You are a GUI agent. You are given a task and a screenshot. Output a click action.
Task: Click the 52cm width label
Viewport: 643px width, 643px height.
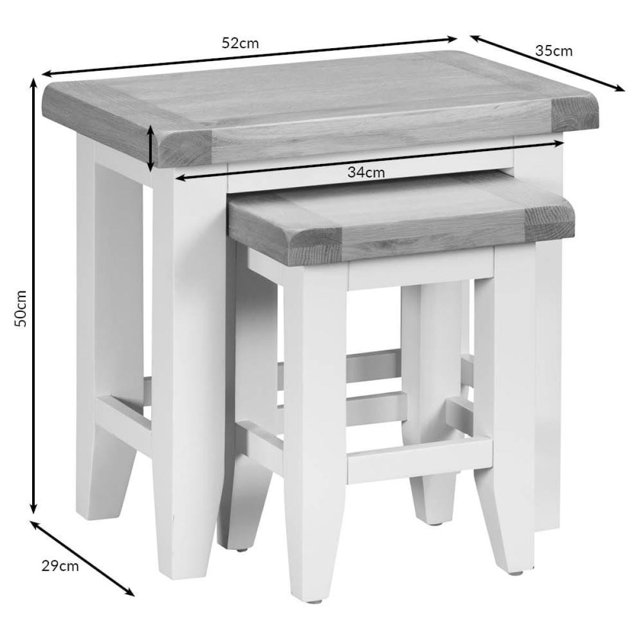click(240, 44)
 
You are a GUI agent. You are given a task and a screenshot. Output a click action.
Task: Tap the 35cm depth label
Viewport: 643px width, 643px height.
click(554, 51)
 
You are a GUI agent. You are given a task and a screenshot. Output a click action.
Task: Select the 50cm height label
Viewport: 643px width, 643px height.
click(20, 308)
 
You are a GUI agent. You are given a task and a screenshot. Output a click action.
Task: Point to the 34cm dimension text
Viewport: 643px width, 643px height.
click(366, 173)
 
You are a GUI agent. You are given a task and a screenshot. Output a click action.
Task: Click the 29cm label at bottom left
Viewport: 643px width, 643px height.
click(61, 566)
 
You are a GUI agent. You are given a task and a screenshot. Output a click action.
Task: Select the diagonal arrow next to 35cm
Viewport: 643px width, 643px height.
click(547, 63)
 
